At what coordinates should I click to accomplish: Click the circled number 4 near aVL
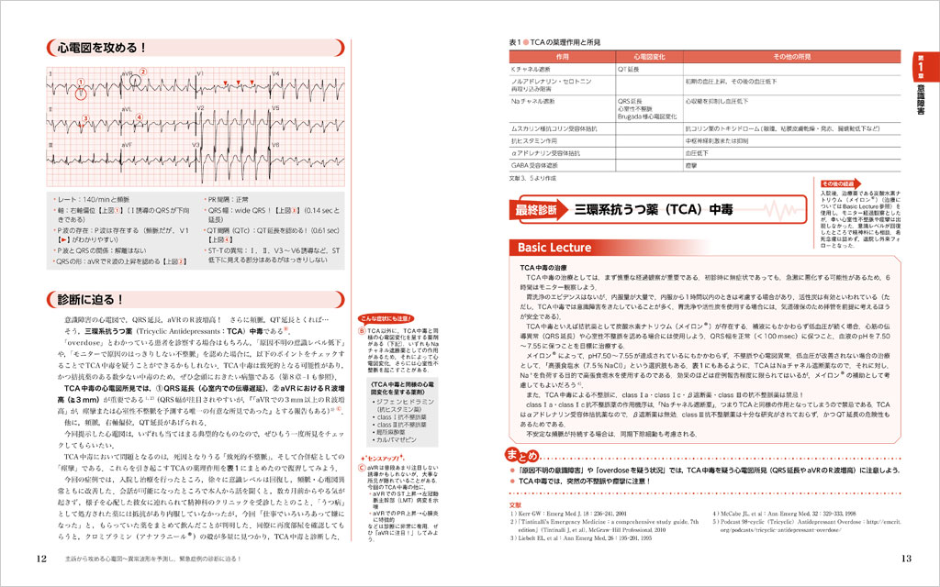[x=139, y=116]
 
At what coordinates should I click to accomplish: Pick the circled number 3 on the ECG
[x=84, y=117]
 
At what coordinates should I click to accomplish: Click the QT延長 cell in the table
[x=628, y=70]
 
